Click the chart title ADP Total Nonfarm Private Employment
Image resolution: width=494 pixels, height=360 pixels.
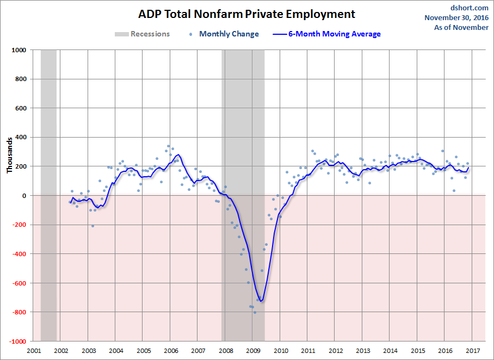tap(246, 14)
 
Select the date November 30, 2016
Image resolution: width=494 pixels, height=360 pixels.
tap(456, 17)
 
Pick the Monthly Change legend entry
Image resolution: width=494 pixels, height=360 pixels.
tap(229, 34)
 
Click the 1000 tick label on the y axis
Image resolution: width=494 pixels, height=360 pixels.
tap(19, 50)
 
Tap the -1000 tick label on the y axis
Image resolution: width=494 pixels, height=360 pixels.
tap(17, 342)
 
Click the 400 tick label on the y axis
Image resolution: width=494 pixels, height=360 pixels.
tap(21, 137)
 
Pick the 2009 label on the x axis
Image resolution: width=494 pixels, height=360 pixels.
tap(253, 351)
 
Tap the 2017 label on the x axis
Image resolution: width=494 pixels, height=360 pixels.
tap(472, 351)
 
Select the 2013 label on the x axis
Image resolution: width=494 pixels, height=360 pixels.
tap(363, 351)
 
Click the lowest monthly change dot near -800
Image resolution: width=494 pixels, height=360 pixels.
tap(254, 312)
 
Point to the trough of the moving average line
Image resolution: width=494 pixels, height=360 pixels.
tap(261, 301)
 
